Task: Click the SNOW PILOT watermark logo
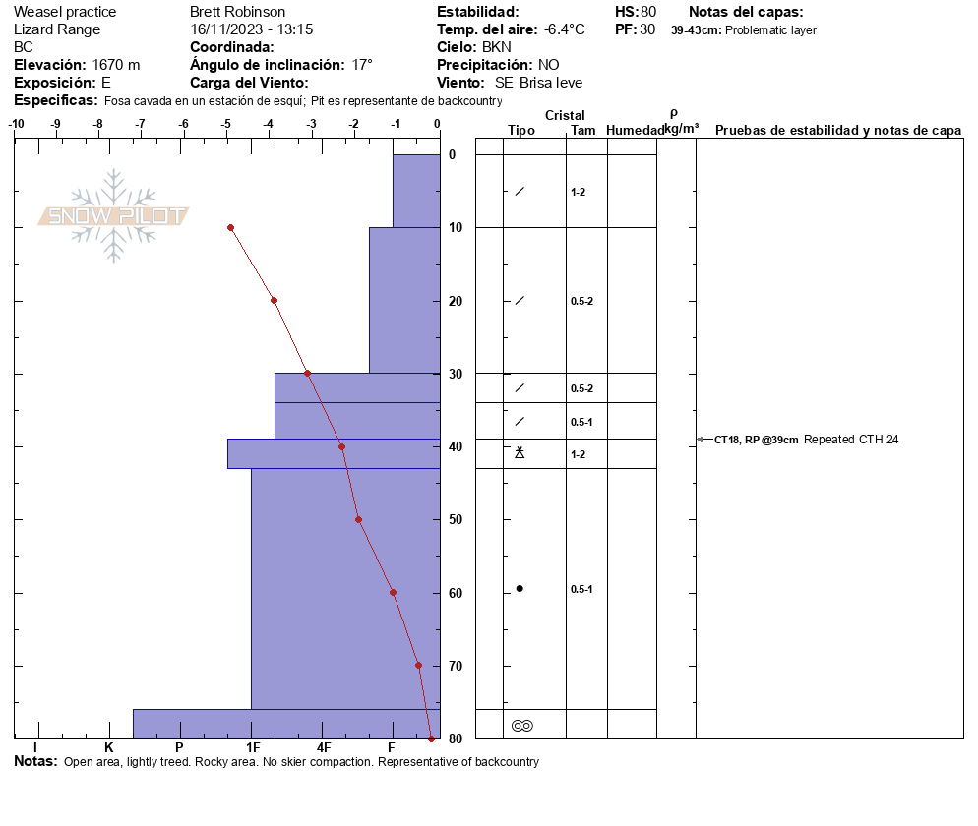[114, 215]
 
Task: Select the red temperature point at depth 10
[230, 227]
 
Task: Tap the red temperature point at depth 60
[393, 592]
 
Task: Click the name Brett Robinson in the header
[237, 12]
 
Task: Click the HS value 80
[647, 12]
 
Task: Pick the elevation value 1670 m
[116, 65]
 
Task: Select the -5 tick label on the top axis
[225, 125]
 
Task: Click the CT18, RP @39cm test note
[756, 440]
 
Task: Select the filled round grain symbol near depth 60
[520, 588]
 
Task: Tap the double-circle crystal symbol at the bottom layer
[521, 726]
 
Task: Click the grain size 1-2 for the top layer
[578, 193]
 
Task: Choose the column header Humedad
[635, 131]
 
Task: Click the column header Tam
[582, 131]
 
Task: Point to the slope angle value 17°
[362, 65]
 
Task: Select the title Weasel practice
[65, 12]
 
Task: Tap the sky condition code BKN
[497, 47]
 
